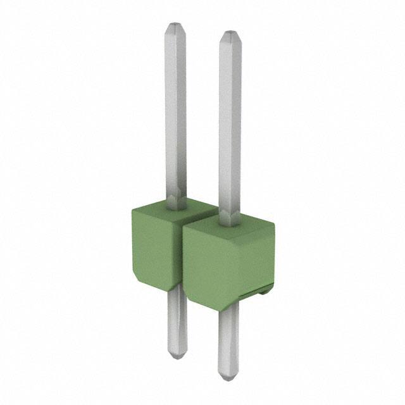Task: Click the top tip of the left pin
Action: [175, 26]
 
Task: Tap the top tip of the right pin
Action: [229, 32]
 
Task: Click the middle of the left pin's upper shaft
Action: [175, 114]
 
